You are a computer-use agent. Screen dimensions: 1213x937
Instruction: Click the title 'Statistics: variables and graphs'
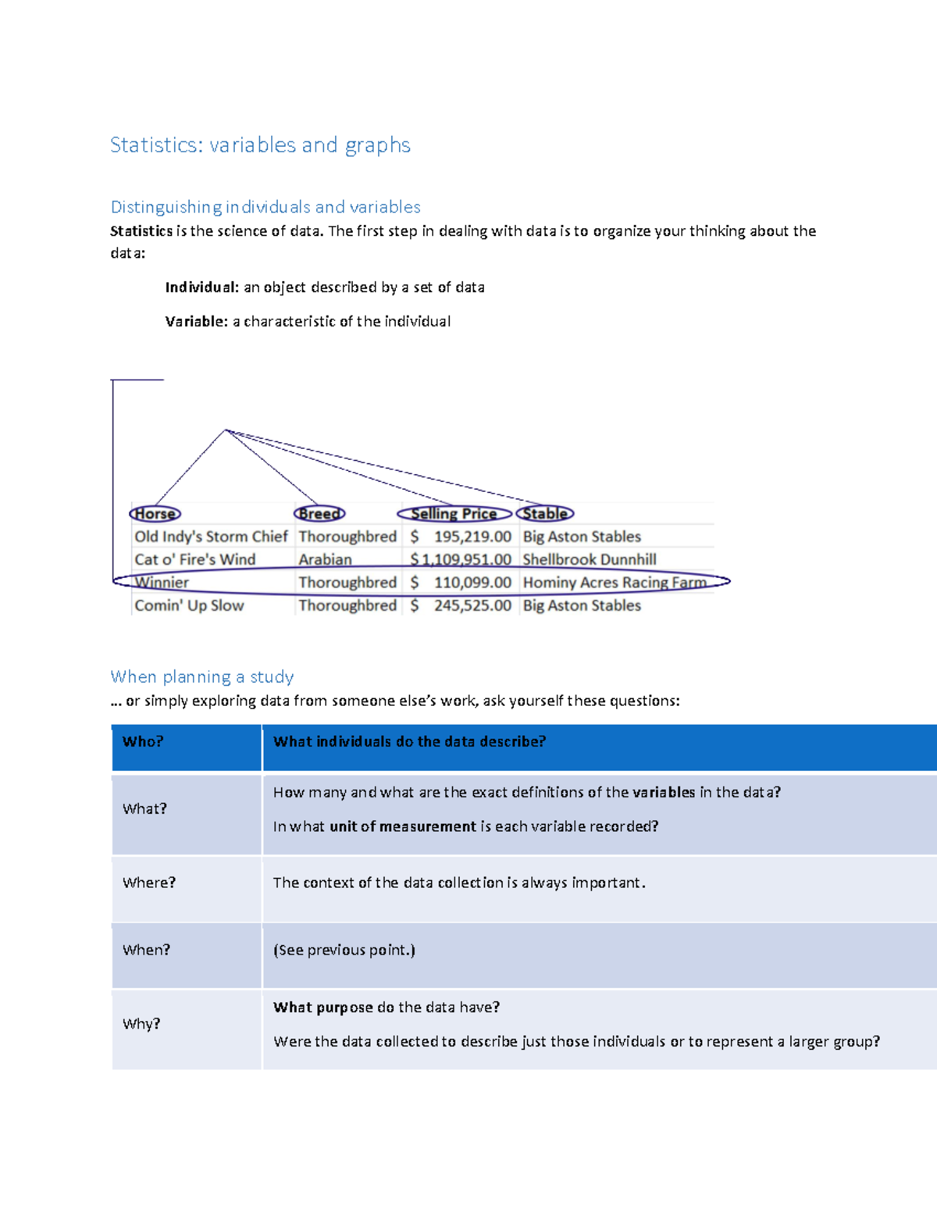coord(260,145)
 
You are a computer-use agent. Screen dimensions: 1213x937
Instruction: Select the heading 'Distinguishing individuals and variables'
coord(265,207)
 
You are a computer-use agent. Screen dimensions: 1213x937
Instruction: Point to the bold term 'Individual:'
coord(201,287)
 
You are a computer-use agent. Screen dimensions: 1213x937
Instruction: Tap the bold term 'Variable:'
coord(196,321)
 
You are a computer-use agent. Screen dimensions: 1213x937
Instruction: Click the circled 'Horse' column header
coord(155,514)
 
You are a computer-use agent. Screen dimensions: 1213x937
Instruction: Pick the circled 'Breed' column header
coord(319,514)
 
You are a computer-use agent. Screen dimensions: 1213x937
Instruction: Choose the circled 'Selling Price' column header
coord(454,514)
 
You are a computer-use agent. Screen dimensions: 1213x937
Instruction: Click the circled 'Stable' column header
coord(545,514)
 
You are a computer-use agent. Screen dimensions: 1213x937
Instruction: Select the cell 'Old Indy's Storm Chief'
coord(211,537)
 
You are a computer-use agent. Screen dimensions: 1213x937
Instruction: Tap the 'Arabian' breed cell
coord(325,559)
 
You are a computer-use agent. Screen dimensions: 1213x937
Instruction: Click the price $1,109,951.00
coord(461,559)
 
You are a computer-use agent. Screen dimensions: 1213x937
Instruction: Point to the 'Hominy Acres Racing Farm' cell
coord(615,582)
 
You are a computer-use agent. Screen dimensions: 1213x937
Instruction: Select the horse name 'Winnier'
coord(162,582)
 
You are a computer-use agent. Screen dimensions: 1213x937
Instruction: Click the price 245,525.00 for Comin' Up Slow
coord(472,605)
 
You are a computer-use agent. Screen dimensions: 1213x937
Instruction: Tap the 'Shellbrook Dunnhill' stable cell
coord(590,559)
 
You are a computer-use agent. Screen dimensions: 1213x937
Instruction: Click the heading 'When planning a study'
coord(202,676)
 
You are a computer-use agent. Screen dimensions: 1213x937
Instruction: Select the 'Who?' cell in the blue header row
coord(143,741)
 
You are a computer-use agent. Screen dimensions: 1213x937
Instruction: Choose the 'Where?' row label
coord(149,883)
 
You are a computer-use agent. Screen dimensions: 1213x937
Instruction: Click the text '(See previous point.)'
coord(344,950)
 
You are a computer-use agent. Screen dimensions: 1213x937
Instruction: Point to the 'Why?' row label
coord(141,1023)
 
